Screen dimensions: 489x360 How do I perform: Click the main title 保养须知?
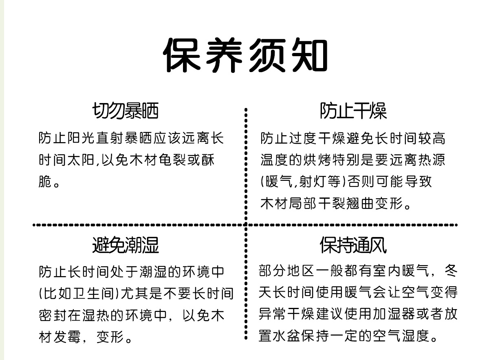point(245,55)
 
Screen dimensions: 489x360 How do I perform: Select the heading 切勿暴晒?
point(125,111)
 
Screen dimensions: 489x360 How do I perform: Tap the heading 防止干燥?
point(353,111)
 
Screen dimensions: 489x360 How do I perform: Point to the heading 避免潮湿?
point(125,245)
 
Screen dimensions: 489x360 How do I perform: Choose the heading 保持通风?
point(353,245)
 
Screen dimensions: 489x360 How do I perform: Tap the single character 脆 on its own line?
point(45,182)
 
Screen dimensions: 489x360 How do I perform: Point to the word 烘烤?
point(313,160)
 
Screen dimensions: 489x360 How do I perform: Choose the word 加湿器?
point(387,314)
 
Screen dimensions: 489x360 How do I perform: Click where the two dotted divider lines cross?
point(246,224)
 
